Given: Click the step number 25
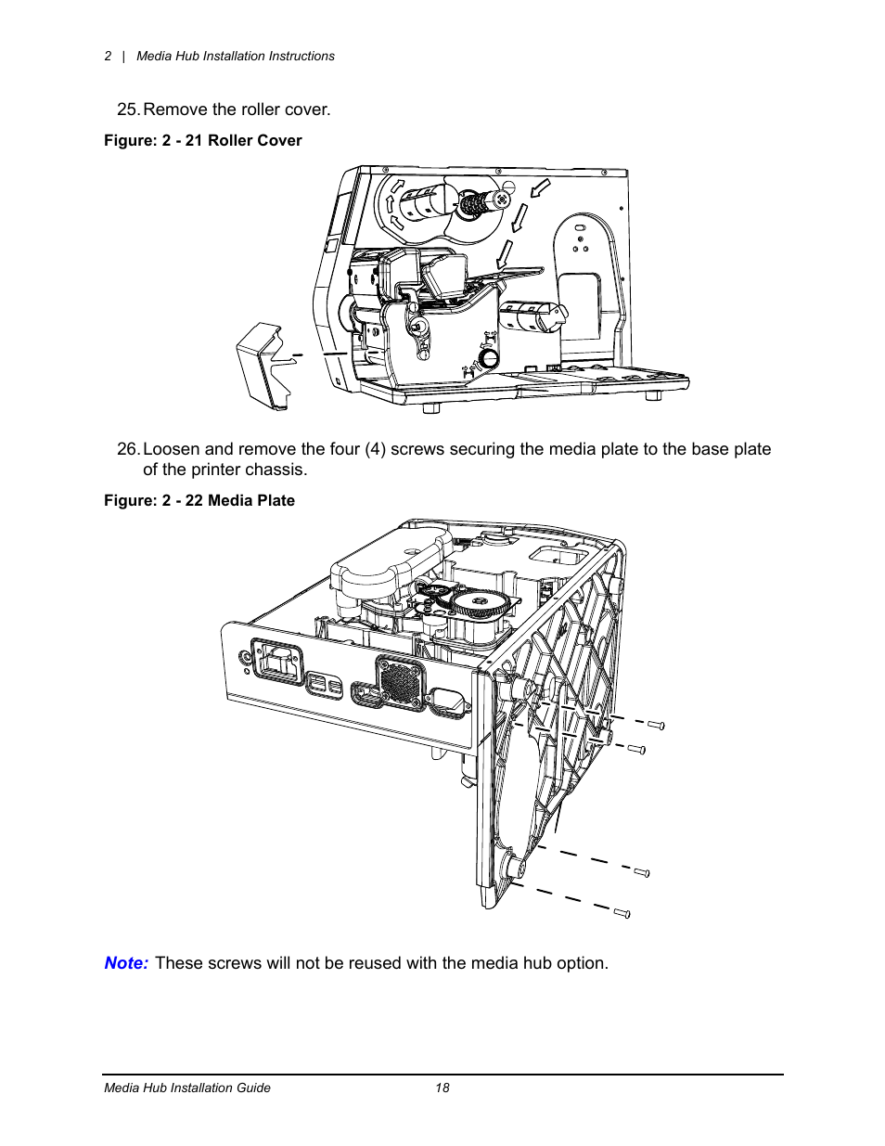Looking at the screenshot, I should pyautogui.click(x=128, y=109).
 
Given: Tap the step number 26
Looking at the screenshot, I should pyautogui.click(x=128, y=449).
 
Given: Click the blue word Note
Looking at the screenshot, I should pyautogui.click(x=125, y=963).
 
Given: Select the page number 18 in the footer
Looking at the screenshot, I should pyautogui.click(x=442, y=1088).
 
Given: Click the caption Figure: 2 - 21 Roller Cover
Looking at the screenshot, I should pyautogui.click(x=202, y=141).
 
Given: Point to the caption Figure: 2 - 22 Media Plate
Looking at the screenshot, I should pyautogui.click(x=199, y=501).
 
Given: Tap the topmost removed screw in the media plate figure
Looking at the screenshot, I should pyautogui.click(x=656, y=725).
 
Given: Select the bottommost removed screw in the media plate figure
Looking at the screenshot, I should pyautogui.click(x=622, y=913).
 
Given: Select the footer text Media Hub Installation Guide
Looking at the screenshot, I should pyautogui.click(x=187, y=1088).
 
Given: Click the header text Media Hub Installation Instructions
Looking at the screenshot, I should pyautogui.click(x=236, y=57).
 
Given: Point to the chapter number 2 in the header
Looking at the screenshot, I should pyautogui.click(x=109, y=57).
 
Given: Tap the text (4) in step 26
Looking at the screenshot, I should pyautogui.click(x=375, y=449).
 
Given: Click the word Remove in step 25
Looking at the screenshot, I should pyautogui.click(x=174, y=109).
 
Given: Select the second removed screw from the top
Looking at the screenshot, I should pyautogui.click(x=637, y=749).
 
